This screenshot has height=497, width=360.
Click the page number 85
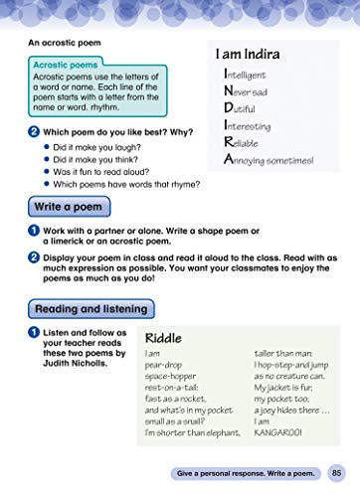point(338,472)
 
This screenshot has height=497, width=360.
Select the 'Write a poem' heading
point(69,208)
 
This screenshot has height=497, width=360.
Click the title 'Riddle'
point(163,337)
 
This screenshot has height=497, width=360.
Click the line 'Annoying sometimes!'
point(269,158)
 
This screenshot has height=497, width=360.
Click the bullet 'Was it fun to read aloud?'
point(105,170)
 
